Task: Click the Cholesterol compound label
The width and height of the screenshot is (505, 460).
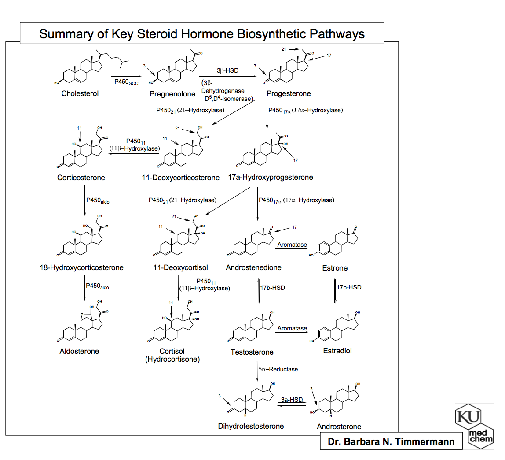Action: pos(80,93)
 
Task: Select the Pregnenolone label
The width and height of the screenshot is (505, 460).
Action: pos(172,94)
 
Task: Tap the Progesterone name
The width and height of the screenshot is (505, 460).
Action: pos(289,93)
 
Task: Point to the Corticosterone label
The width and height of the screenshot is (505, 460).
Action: pos(81,178)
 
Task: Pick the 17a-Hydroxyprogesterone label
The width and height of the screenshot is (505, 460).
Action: pos(271,178)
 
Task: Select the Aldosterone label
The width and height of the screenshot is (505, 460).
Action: pos(79,351)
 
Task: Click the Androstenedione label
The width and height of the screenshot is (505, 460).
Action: pos(253,267)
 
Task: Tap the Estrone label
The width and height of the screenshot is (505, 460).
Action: pos(335,268)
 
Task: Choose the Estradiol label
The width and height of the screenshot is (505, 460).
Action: pos(337,351)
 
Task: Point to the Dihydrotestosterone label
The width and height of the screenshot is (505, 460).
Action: pos(251,426)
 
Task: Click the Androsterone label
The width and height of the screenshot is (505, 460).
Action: pos(339,427)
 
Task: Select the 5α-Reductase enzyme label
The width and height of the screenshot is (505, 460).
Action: pos(278,369)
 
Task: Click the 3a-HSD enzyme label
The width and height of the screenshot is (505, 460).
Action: pos(292,400)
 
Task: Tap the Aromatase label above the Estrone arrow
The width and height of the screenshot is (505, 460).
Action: pos(292,245)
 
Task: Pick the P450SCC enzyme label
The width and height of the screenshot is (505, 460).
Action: pos(126,82)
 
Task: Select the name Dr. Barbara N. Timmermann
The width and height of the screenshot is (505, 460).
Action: pos(391,441)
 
